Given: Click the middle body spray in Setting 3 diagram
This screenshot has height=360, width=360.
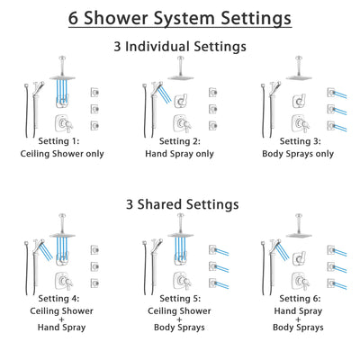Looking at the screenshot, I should [x=334, y=108].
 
